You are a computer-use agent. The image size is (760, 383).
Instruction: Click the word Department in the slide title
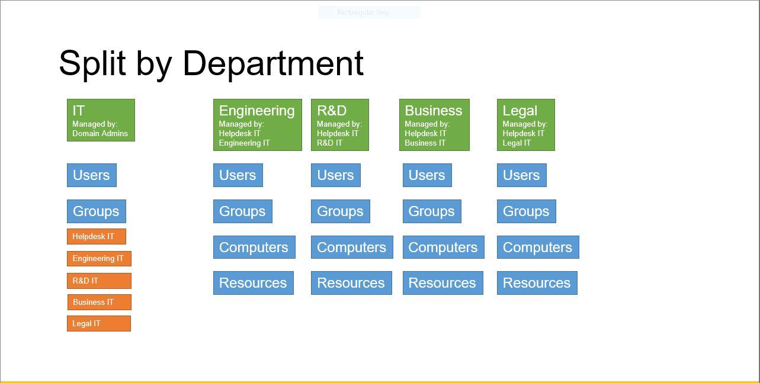[x=272, y=63]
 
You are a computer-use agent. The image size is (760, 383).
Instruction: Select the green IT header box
[x=101, y=120]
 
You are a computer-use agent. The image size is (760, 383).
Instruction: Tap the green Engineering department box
[x=257, y=125]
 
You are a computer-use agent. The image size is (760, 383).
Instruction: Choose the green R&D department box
[x=339, y=125]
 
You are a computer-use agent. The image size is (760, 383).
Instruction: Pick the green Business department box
[x=434, y=125]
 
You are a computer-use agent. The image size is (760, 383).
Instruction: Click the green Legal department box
[x=525, y=125]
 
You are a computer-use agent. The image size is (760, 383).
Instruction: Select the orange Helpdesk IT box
[x=96, y=237]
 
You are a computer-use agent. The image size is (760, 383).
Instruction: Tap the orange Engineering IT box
[x=99, y=259]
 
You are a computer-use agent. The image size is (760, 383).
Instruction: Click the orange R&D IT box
[x=99, y=281]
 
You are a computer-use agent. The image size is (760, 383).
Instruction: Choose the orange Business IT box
[x=99, y=302]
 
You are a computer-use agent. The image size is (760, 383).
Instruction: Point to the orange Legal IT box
[x=98, y=324]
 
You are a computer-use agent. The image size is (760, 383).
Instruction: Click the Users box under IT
[x=91, y=175]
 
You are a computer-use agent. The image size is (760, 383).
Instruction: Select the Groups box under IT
[x=96, y=211]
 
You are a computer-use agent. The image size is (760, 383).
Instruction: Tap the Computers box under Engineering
[x=254, y=247]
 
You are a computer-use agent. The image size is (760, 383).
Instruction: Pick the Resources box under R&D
[x=351, y=283]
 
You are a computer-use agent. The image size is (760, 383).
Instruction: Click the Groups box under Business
[x=431, y=211]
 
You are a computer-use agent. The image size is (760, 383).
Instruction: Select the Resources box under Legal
[x=537, y=283]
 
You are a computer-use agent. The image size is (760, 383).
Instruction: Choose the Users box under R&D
[x=335, y=175]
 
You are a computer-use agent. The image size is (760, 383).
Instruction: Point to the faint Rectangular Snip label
[x=368, y=12]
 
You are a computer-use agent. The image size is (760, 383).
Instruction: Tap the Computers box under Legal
[x=537, y=247]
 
